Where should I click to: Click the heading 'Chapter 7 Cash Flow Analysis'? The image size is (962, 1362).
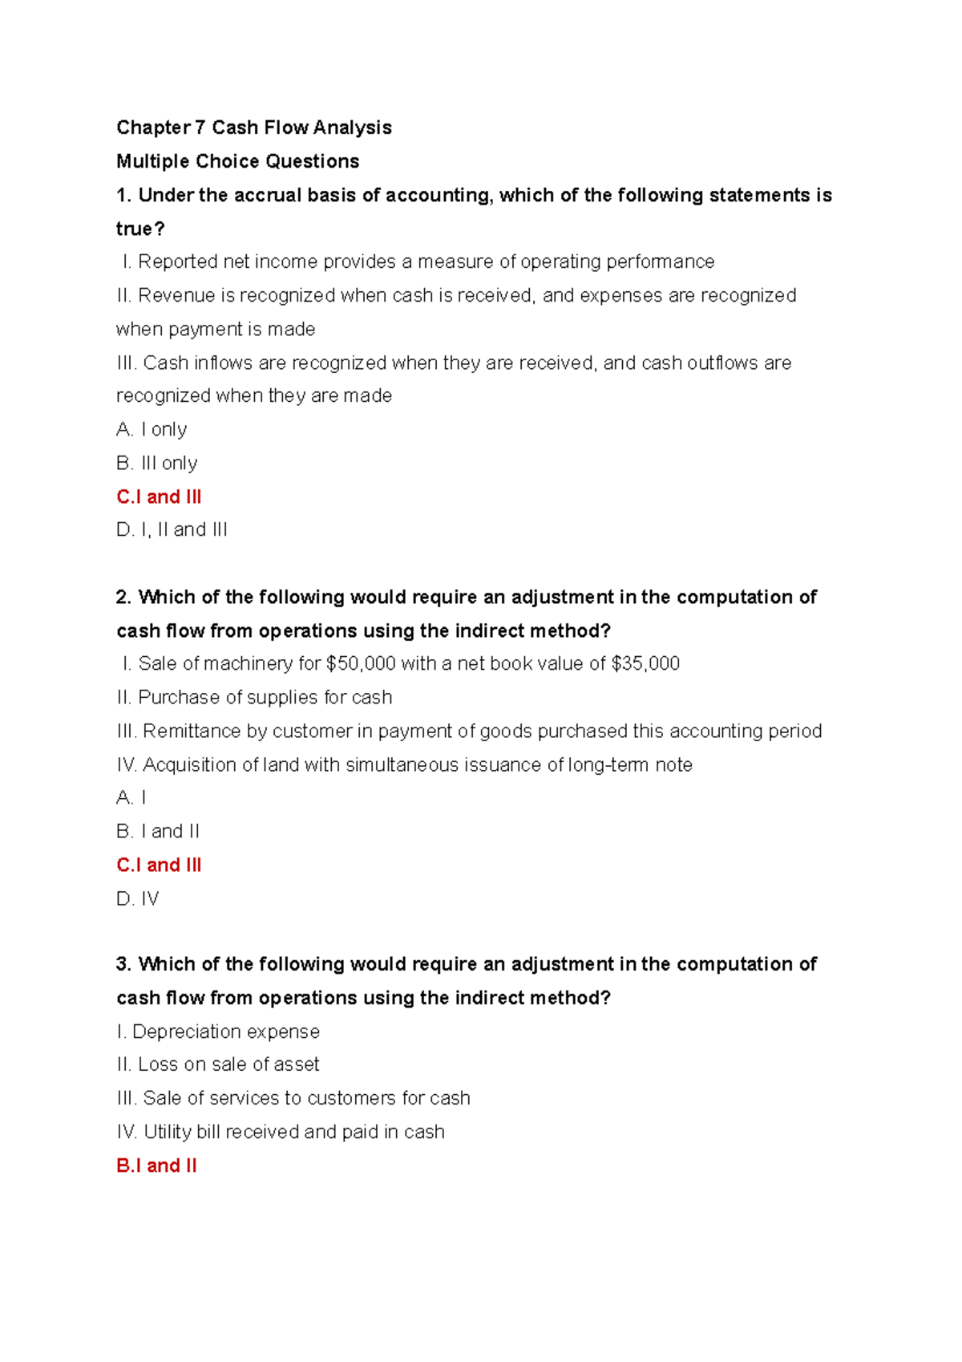(x=253, y=128)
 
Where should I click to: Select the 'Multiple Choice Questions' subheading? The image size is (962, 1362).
(x=237, y=161)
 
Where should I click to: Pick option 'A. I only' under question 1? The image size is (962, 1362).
(x=152, y=429)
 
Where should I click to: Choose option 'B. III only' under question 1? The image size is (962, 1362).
(x=156, y=463)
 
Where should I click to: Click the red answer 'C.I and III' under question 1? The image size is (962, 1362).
(x=159, y=497)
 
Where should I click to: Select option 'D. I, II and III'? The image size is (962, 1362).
(x=172, y=529)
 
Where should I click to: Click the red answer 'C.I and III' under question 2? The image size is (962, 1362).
(x=159, y=865)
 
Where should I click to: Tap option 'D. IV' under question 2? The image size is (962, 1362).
(x=137, y=898)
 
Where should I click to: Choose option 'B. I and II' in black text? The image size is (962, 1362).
(x=158, y=831)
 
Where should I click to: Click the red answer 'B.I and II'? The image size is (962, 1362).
(x=156, y=1165)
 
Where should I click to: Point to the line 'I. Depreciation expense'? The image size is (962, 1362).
(x=218, y=1032)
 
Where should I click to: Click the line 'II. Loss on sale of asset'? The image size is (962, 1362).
(x=218, y=1064)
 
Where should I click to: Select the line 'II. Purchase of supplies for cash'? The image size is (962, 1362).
(x=254, y=697)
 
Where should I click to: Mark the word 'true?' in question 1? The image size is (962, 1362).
(x=139, y=229)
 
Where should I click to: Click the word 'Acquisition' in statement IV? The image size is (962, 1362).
(x=189, y=764)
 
